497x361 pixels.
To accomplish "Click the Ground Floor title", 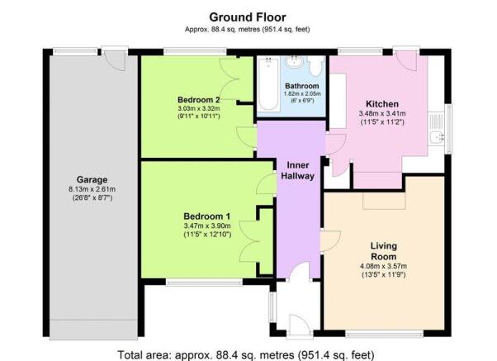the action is point(248,17).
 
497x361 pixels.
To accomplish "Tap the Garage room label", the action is point(92,179).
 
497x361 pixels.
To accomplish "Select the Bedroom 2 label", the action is point(199,100).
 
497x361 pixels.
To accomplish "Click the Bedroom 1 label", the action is point(207,216).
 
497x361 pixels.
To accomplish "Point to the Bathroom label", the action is point(302,86).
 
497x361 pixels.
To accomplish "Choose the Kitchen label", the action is point(382,104).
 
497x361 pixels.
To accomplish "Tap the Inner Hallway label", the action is point(298,170).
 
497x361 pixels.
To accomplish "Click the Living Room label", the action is point(384,251).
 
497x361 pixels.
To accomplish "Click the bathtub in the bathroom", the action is point(268,83).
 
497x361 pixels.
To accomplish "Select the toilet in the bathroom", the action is point(315,66).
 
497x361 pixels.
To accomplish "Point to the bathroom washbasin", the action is point(295,61).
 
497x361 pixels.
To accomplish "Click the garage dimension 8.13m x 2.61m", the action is point(92,189).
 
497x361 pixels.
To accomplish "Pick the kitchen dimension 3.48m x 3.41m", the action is point(382,113).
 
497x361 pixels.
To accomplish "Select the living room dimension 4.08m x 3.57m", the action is point(384,266).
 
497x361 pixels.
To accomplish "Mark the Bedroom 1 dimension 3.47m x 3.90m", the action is point(207,226).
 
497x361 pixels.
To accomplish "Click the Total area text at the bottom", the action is point(246,354).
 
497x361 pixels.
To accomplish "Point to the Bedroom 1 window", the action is point(204,282).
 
